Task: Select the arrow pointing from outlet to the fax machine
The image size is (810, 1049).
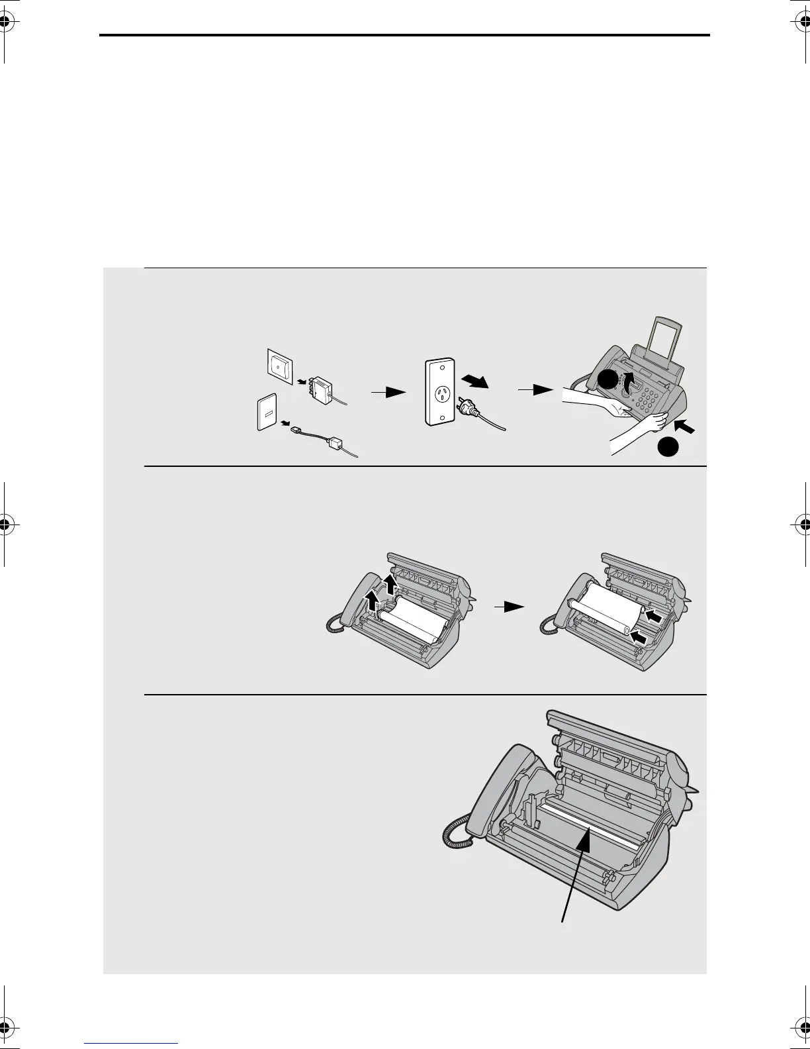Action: point(535,391)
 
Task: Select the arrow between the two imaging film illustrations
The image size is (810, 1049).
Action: point(510,605)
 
